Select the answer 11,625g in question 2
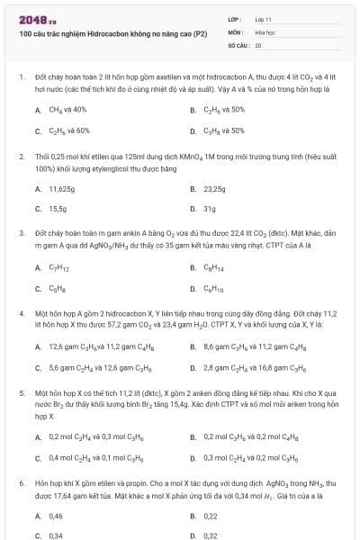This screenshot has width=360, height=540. [61, 189]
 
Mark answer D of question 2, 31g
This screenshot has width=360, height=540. [209, 209]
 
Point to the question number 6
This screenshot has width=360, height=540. [21, 482]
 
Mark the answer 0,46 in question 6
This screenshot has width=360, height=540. [56, 516]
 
